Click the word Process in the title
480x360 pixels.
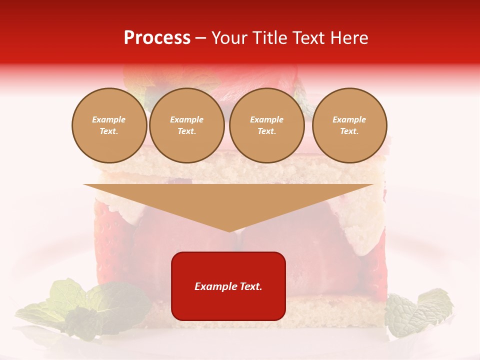tap(157, 38)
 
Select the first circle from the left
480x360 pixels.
tap(109, 125)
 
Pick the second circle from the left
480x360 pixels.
tap(187, 125)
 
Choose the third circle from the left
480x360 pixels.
tap(267, 125)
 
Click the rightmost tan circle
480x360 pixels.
tap(349, 125)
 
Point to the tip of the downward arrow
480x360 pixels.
tap(229, 230)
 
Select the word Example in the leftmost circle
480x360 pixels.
tap(109, 120)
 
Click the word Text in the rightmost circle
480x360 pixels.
tap(349, 131)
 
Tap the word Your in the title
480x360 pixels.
tap(229, 38)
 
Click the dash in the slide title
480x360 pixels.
tap(200, 38)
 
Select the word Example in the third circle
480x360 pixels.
tap(267, 120)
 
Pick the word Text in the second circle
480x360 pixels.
tap(186, 131)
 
